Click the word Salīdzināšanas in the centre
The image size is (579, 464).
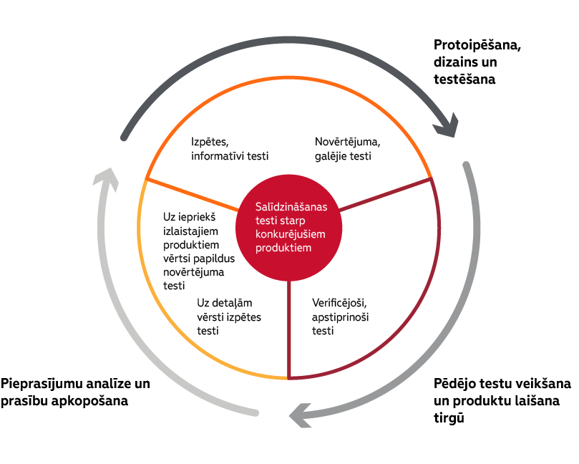pos(291,207)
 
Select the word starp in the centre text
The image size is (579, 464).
pos(293,221)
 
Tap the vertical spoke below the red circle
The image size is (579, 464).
pos(288,329)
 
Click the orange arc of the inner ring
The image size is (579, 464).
pos(288,77)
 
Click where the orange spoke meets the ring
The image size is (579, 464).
pos(146,179)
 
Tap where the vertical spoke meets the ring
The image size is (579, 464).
pos(288,377)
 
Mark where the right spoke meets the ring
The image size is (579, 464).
pos(431,179)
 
